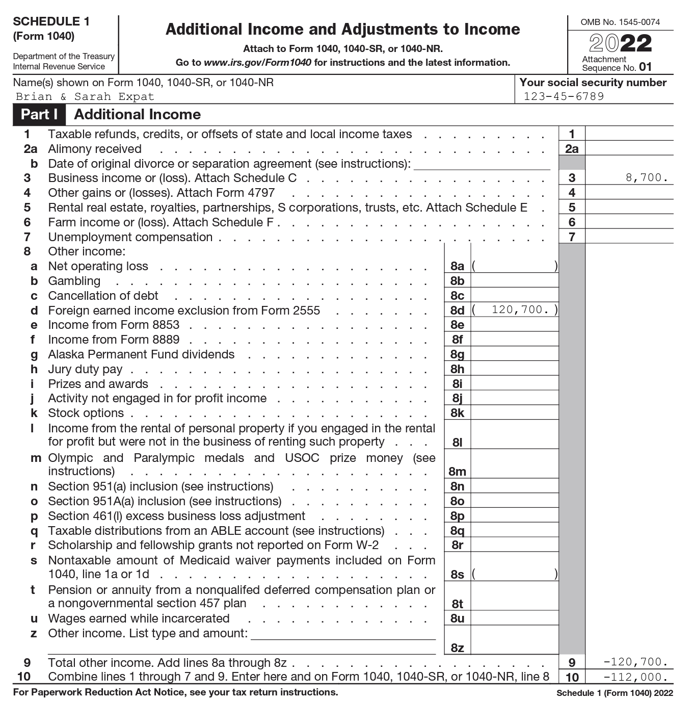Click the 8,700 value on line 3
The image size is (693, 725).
coord(647,178)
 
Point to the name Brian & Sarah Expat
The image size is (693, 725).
coord(85,97)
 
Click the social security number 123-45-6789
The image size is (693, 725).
coord(564,97)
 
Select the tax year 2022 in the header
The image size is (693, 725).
coord(620,44)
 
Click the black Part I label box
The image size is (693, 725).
coord(39,115)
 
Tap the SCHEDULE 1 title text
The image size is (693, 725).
coord(51,21)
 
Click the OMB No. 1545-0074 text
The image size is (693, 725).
coord(620,22)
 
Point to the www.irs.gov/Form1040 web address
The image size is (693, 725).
coord(257,63)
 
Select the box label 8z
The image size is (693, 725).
coord(457,648)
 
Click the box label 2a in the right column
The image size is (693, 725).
coord(572,149)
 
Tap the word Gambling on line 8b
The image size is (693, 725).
coord(74,281)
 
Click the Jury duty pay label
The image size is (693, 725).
coord(85,369)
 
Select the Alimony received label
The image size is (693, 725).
coord(95,149)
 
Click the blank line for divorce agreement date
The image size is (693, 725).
coord(482,164)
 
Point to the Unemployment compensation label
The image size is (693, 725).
coord(130,237)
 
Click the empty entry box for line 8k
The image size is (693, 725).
coord(514,413)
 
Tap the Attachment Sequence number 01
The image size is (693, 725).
coord(645,67)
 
